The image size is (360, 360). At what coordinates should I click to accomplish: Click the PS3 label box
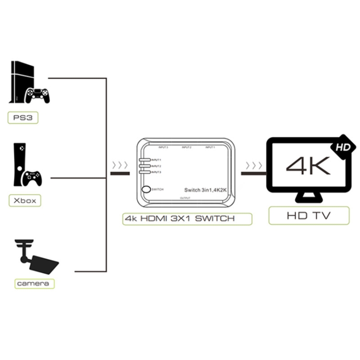[x=23, y=118]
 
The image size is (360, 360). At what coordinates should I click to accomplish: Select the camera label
[x=33, y=283]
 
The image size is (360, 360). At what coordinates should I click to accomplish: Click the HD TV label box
[x=309, y=216]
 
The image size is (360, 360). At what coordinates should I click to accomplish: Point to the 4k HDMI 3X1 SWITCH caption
[x=187, y=219]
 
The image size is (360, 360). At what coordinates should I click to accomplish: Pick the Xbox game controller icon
[x=32, y=179]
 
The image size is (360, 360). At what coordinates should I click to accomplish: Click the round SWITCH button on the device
[x=145, y=190]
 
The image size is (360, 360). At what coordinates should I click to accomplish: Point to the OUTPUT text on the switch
[x=185, y=198]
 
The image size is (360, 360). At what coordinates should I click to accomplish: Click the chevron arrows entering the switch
[x=120, y=166]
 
